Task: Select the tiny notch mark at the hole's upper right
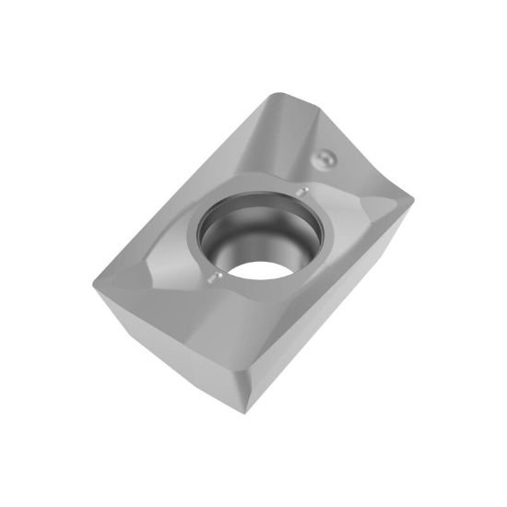304,192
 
